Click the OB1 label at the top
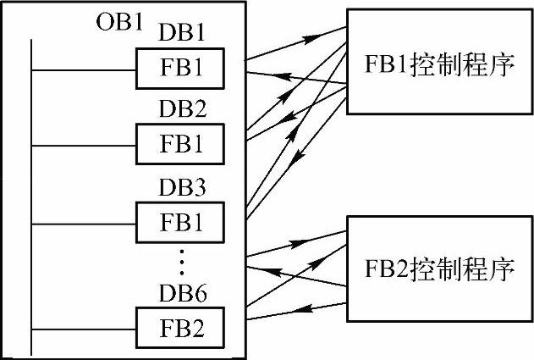pyautogui.click(x=118, y=21)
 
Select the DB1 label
pyautogui.click(x=182, y=33)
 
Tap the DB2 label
pyautogui.click(x=182, y=110)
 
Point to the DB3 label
pyautogui.click(x=182, y=189)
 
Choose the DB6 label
pyautogui.click(x=182, y=294)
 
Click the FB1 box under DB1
pyautogui.click(x=181, y=68)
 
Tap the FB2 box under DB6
pyautogui.click(x=181, y=326)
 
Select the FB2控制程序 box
pyautogui.click(x=439, y=269)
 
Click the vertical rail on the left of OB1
pyautogui.click(x=31, y=195)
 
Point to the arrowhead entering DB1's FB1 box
pyautogui.click(x=254, y=74)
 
